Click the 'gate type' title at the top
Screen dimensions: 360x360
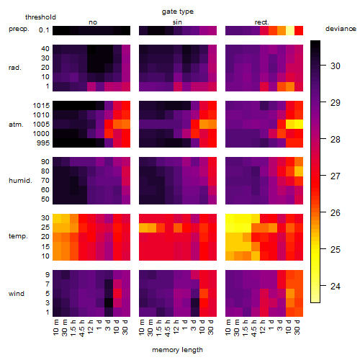[x=178, y=12]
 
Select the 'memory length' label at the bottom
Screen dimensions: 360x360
[x=177, y=350]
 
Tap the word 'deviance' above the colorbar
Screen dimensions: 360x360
[x=341, y=29]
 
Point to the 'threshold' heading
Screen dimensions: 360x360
[x=40, y=17]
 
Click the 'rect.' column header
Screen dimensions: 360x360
[x=262, y=22]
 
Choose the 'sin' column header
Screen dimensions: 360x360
[x=177, y=22]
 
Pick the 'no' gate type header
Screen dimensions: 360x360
[x=93, y=22]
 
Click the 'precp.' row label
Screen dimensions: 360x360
[x=19, y=29]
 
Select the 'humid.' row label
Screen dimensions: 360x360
[x=20, y=181]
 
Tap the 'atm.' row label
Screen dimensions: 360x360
[x=16, y=125]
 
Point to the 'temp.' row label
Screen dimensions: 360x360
[x=18, y=236]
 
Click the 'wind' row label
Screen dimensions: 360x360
[x=17, y=294]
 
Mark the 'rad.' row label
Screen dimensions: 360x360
[x=15, y=68]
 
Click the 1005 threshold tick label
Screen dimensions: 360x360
[x=41, y=125]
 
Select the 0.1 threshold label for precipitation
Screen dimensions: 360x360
[x=44, y=30]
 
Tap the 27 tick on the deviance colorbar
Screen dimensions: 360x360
[x=336, y=176]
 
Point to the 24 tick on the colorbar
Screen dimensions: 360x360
[x=336, y=286]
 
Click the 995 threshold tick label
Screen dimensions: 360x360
[x=43, y=143]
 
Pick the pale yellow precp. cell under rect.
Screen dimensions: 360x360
[x=290, y=30]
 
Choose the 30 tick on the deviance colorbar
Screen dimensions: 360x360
[x=336, y=66]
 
